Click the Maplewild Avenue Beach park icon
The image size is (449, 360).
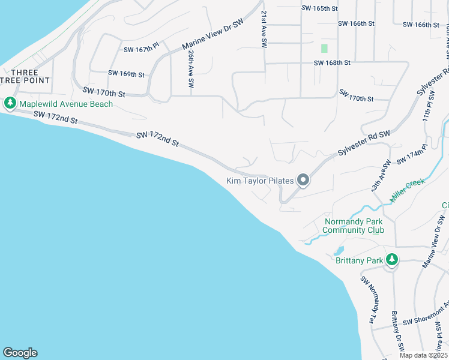(10, 104)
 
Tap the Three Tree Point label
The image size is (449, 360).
(25, 76)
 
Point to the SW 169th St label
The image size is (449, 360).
(126, 74)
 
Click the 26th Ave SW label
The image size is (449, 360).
(190, 70)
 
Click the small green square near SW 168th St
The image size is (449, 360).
(324, 48)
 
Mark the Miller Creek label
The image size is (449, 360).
(407, 188)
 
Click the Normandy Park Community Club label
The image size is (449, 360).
(354, 226)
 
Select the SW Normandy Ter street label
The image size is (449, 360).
(368, 296)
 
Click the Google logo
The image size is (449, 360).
(20, 353)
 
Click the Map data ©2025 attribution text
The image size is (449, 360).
(423, 355)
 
